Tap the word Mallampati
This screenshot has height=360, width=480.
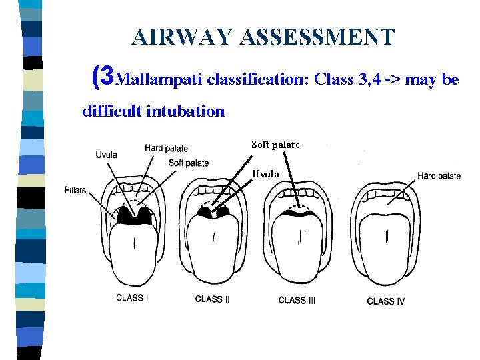pos(159,80)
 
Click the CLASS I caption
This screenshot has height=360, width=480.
pos(131,298)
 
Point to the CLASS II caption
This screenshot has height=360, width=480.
pos(212,299)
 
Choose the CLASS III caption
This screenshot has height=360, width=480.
pos(297,300)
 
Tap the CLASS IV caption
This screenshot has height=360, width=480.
pos(385,301)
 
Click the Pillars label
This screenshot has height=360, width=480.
pos(76,190)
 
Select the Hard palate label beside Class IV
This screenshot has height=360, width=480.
pos(439,176)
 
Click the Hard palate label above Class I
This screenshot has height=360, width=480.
pos(166,148)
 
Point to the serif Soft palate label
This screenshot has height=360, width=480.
pos(276,145)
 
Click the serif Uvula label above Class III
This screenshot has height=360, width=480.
pos(265,174)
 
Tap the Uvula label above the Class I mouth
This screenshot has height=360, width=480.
pos(106,155)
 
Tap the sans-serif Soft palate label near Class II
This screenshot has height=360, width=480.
pos(189,163)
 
